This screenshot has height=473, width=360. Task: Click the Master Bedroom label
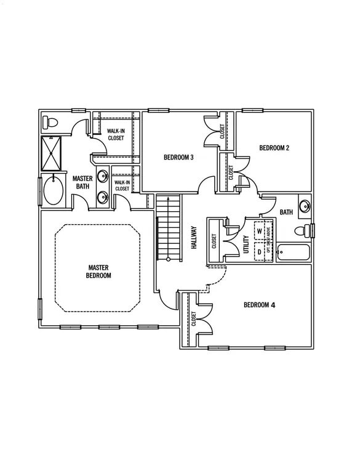(98, 272)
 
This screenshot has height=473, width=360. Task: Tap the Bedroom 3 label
(178, 158)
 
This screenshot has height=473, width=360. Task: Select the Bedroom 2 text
(274, 148)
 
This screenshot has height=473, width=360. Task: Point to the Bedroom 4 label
(259, 305)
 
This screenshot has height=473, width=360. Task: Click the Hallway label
(193, 237)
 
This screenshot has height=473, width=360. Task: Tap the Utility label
(246, 245)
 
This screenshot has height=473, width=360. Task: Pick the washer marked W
(260, 231)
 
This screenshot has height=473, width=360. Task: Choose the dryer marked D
(260, 251)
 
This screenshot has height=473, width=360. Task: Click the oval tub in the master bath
(54, 191)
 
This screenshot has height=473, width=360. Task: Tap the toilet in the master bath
(51, 122)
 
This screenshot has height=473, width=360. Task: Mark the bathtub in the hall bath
(294, 253)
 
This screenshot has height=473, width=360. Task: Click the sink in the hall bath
(304, 206)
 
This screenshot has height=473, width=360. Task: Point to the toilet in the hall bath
(302, 231)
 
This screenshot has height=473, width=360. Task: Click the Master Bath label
(83, 182)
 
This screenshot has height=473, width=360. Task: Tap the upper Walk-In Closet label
(116, 134)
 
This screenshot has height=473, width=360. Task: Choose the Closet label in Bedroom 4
(194, 318)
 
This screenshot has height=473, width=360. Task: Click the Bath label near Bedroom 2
(286, 212)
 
